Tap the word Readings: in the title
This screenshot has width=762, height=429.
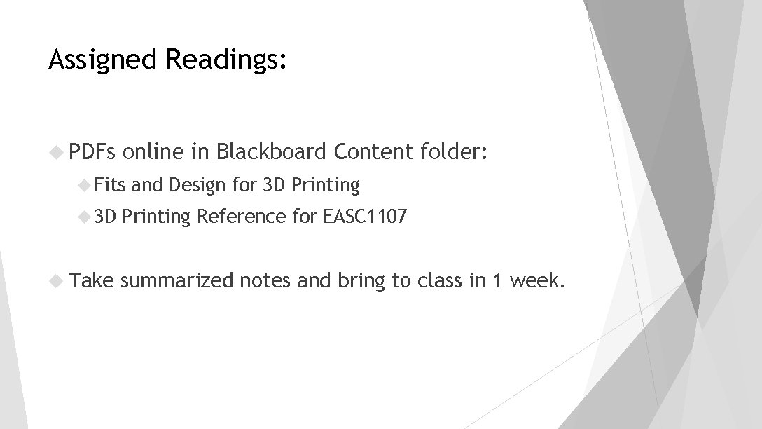pyautogui.click(x=226, y=60)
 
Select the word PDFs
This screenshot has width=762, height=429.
pyautogui.click(x=95, y=151)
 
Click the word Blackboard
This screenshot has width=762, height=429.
pyautogui.click(x=272, y=151)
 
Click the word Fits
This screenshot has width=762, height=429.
pyautogui.click(x=110, y=185)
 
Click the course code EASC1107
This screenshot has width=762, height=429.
pyautogui.click(x=364, y=217)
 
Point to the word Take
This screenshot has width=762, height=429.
pyautogui.click(x=91, y=280)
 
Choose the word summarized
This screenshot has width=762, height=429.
pyautogui.click(x=177, y=280)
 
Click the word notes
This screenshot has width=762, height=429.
pyautogui.click(x=265, y=280)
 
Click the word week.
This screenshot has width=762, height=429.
pyautogui.click(x=536, y=280)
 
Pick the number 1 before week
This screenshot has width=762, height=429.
pyautogui.click(x=497, y=280)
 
